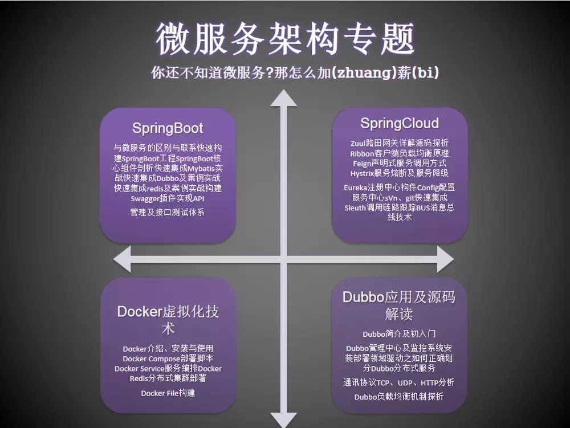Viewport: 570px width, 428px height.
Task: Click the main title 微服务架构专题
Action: click(284, 39)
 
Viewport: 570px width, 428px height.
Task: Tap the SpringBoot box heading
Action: click(168, 127)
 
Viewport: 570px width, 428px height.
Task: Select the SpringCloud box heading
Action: click(399, 123)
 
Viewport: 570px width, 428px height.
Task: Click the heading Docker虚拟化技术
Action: click(168, 319)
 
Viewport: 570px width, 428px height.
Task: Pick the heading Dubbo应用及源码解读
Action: click(399, 305)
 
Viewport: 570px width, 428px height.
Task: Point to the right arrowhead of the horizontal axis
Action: click(446, 259)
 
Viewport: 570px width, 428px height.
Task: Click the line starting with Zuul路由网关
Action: click(399, 142)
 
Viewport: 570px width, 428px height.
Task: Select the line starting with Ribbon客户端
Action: click(399, 153)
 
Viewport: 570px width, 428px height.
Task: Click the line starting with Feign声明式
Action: click(399, 163)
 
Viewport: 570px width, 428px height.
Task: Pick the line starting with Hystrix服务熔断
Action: click(399, 173)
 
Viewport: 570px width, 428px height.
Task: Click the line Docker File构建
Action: click(168, 393)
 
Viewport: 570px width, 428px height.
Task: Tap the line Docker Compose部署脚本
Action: click(168, 358)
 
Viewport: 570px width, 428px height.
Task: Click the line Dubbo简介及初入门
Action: click(399, 334)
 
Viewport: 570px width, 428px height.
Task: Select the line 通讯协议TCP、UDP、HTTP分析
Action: click(399, 382)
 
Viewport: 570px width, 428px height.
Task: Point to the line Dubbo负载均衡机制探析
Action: click(399, 397)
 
